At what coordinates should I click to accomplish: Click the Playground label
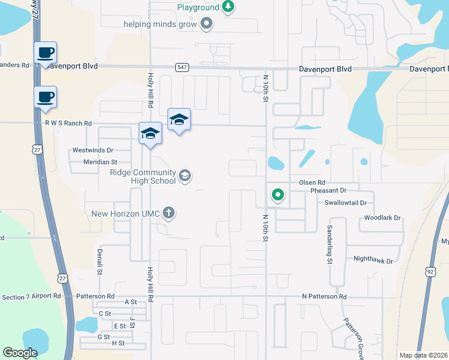click(197, 8)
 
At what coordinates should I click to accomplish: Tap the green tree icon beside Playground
click(228, 7)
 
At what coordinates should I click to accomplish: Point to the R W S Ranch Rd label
click(68, 124)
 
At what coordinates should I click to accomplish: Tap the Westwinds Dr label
click(92, 150)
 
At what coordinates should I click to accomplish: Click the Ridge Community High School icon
click(185, 175)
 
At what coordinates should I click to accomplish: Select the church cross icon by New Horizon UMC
click(169, 212)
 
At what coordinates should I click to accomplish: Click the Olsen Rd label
click(312, 182)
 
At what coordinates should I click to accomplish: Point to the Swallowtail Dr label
click(345, 203)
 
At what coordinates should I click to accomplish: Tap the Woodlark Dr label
click(382, 218)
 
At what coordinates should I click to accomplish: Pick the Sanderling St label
click(330, 245)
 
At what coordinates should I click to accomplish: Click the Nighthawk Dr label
click(373, 261)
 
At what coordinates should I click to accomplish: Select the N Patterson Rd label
click(324, 296)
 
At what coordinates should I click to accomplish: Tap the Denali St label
click(98, 260)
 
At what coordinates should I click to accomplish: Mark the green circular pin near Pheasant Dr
click(277, 194)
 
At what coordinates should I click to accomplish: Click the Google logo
click(20, 353)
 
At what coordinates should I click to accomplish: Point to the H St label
click(118, 343)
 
